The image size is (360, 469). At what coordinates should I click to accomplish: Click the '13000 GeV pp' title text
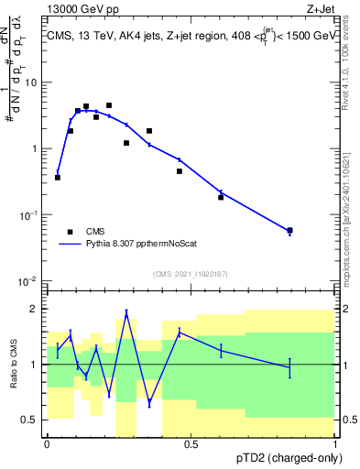pos(80,8)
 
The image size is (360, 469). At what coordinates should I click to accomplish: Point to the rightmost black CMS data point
pos(289,231)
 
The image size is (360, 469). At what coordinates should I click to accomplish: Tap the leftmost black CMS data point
pos(58,177)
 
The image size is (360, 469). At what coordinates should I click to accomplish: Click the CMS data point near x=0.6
pos(221,197)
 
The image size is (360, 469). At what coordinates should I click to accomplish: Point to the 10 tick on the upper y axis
pos(34,82)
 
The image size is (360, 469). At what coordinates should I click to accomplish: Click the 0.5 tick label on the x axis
pos(191,444)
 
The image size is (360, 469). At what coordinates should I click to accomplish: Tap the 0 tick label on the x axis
pos(47,444)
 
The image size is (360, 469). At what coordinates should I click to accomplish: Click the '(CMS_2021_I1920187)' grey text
pos(191,273)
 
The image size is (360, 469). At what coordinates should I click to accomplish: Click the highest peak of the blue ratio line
pos(126,313)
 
